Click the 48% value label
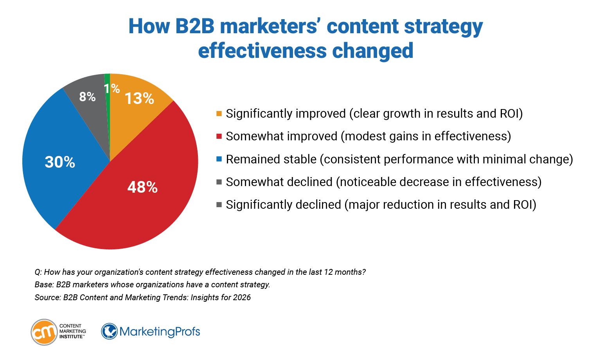(x=142, y=188)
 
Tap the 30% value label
(x=60, y=162)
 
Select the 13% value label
(x=139, y=99)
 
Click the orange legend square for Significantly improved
(x=219, y=114)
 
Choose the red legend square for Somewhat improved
(x=219, y=136)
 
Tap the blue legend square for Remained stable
(x=219, y=159)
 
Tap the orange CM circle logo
(x=44, y=332)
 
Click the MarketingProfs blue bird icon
(x=109, y=331)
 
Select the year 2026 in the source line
(x=242, y=297)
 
